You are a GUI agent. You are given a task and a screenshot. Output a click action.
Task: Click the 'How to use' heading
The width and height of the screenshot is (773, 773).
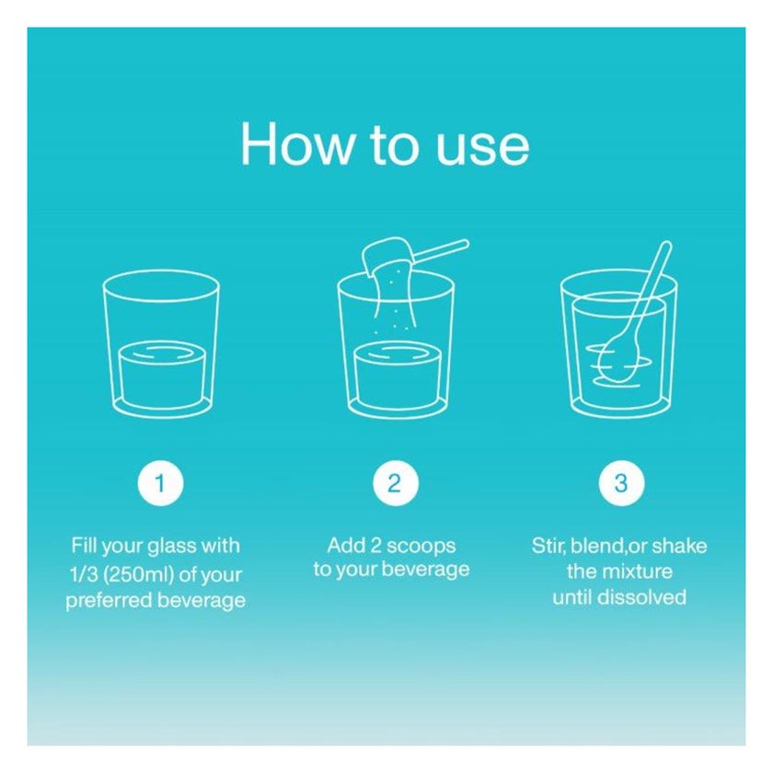tap(385, 144)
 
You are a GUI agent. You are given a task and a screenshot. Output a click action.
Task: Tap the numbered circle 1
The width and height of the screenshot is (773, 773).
tap(160, 483)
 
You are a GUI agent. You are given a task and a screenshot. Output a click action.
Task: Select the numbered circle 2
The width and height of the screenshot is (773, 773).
tap(396, 483)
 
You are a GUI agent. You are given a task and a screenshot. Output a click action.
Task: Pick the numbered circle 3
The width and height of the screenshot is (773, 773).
tap(621, 483)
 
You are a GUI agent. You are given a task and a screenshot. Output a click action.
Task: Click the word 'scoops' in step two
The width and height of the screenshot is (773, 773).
tap(421, 547)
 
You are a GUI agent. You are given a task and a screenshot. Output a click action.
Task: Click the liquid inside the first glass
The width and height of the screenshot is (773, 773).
tap(161, 374)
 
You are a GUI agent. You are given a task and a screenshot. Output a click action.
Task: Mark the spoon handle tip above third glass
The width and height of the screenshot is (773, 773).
tap(666, 244)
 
